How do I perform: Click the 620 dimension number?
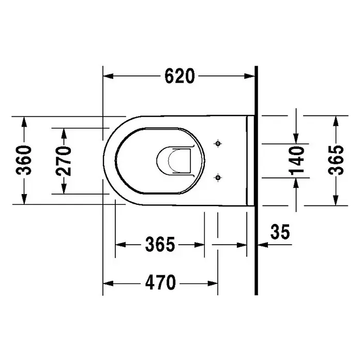179,76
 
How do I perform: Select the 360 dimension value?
24,160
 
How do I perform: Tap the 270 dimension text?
64,161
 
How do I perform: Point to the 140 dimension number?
296,160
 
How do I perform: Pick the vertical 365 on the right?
336,160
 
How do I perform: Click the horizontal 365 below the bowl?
160,244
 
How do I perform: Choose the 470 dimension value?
160,282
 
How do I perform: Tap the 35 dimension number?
280,232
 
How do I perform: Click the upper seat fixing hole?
218,144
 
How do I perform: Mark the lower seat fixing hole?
218,178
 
